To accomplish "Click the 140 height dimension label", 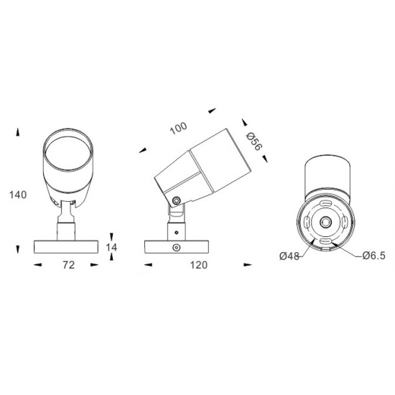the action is [18, 195].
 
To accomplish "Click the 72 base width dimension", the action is [68, 265].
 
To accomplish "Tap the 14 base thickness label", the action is [111, 247].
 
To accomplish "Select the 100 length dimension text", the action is [179, 129].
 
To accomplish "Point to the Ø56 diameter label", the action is [254, 141].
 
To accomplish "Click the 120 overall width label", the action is [199, 265].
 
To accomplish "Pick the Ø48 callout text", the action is [289, 256].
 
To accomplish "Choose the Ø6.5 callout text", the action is [374, 256].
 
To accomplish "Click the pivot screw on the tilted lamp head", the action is [176, 201].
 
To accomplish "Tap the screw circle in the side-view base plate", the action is [177, 247].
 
